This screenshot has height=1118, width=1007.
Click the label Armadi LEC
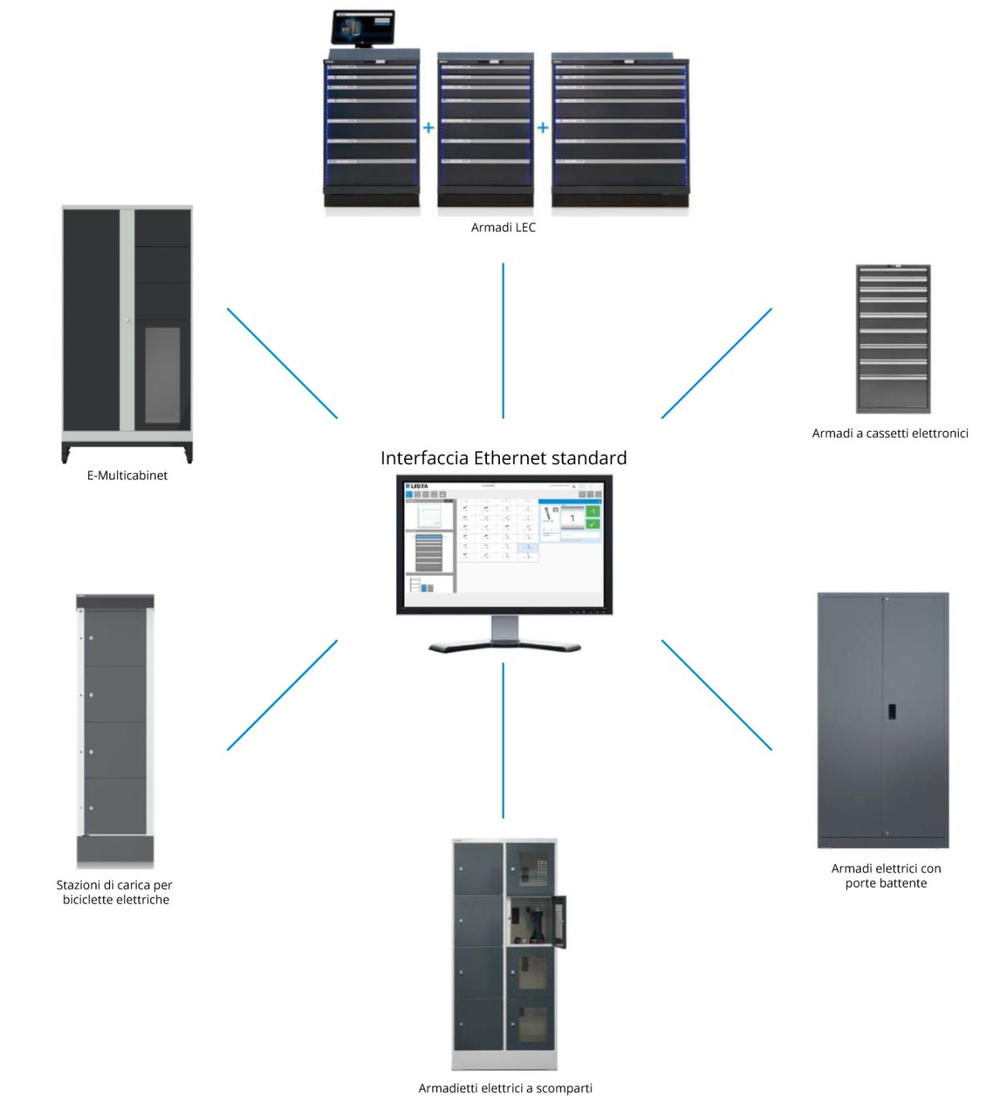(x=503, y=228)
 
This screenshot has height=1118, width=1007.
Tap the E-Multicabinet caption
(x=127, y=475)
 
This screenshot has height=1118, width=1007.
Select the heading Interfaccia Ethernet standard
(x=503, y=458)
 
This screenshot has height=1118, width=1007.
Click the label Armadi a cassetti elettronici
(x=890, y=434)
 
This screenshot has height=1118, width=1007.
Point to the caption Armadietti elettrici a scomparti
(x=505, y=1088)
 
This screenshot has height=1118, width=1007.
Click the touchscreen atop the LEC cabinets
(x=363, y=28)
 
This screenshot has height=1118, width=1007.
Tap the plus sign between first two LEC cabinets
(x=428, y=128)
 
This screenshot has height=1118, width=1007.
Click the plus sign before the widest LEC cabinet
(x=542, y=128)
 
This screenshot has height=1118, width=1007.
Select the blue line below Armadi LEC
(x=503, y=340)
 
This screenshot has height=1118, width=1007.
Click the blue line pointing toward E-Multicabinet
(x=282, y=364)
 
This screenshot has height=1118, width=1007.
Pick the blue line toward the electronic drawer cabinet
(x=716, y=364)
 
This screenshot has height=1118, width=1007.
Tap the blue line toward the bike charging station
(x=282, y=695)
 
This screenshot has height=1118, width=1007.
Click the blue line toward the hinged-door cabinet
(x=716, y=695)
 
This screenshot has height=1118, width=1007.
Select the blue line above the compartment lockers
(x=503, y=740)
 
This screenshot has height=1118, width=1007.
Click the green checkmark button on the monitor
(x=592, y=524)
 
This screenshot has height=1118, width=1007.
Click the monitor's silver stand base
(x=505, y=645)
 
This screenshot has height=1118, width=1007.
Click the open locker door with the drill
(x=560, y=922)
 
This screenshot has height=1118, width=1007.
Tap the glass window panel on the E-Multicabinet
(x=162, y=375)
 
